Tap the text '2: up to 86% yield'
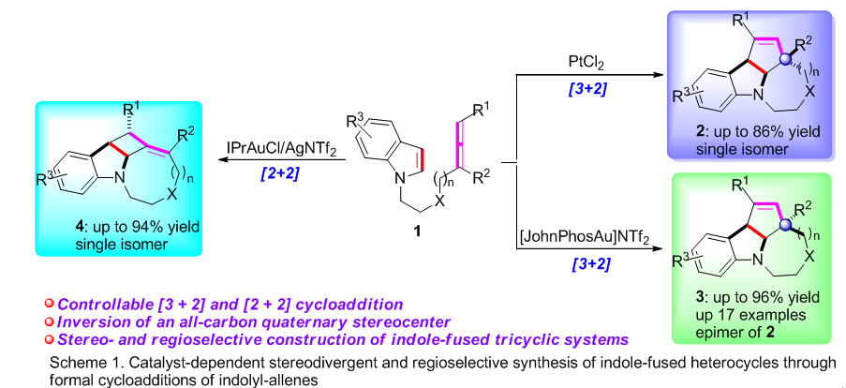(x=761, y=128)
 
